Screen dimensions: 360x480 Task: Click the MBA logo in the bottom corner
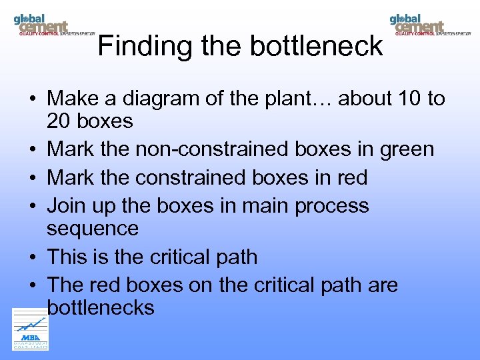31,329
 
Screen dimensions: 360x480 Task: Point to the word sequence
93,229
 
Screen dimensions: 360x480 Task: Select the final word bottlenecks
101,307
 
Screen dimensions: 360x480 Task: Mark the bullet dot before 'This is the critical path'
32,257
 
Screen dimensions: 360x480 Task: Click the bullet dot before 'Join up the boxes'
32,206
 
